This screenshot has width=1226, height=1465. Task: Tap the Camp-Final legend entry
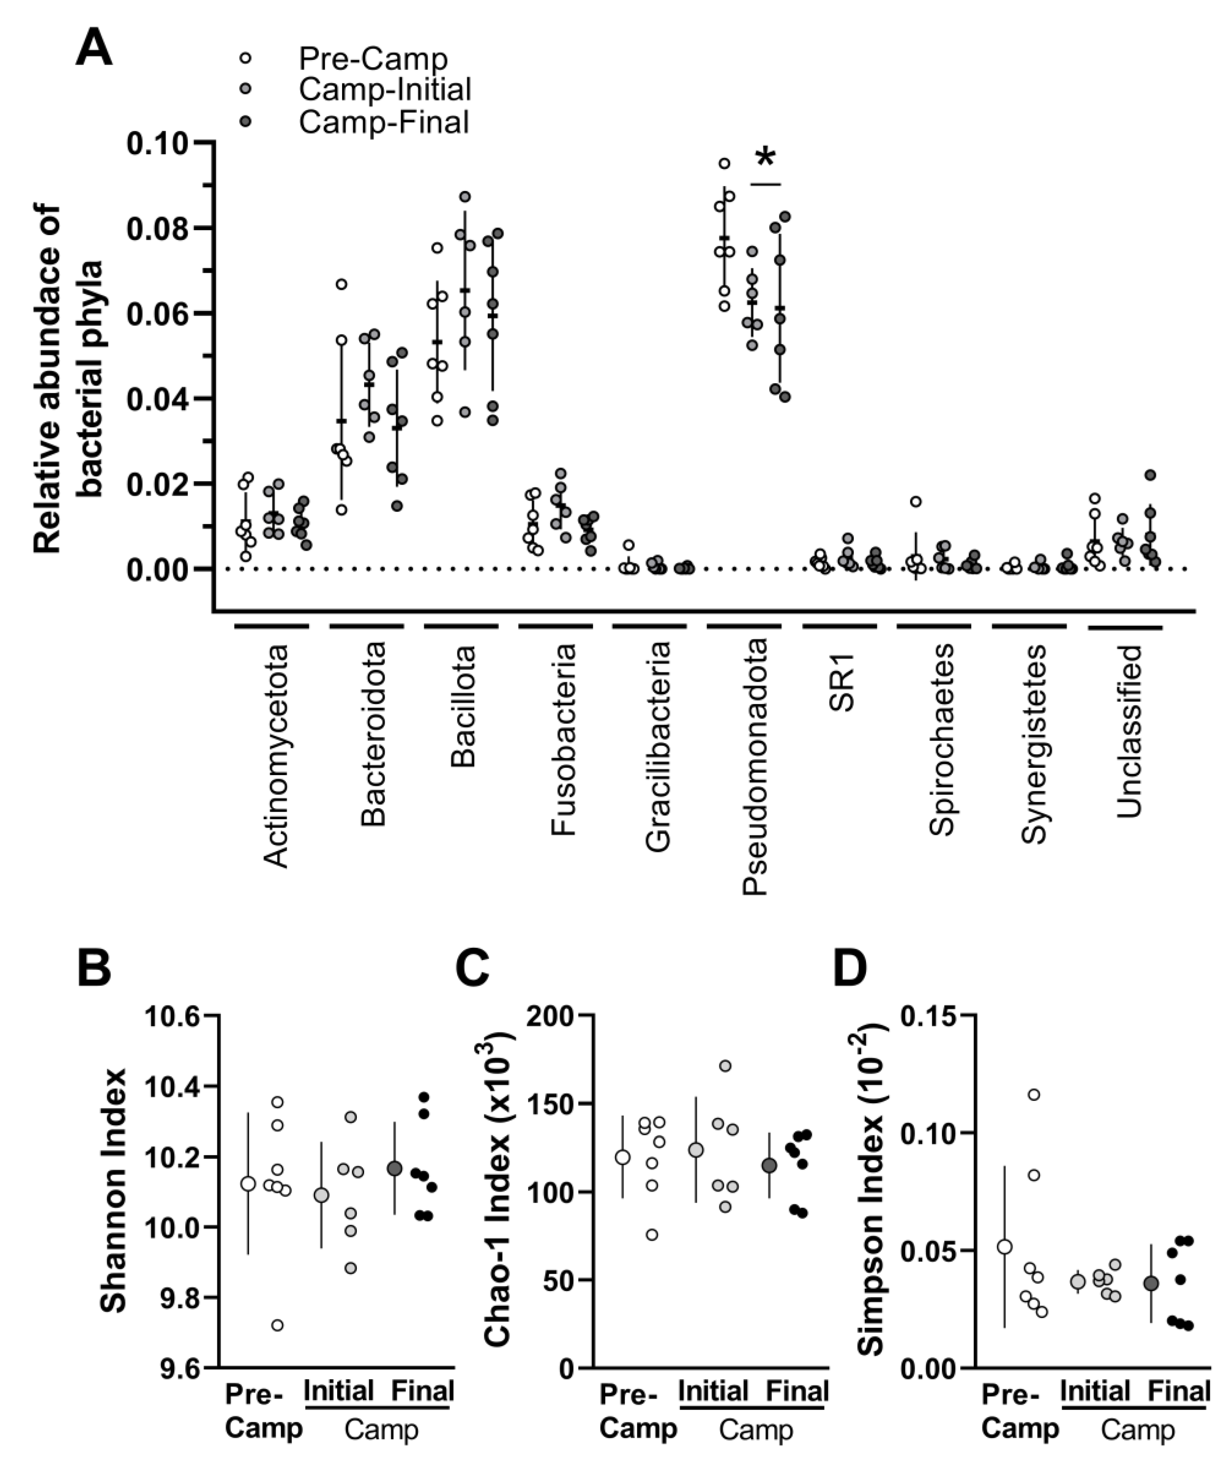pyautogui.click(x=384, y=122)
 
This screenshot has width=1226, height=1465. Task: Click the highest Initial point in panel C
pyautogui.click(x=725, y=1066)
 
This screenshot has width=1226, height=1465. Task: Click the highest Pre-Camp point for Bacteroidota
pyautogui.click(x=341, y=284)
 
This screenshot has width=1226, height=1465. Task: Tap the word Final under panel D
pyautogui.click(x=1179, y=1391)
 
